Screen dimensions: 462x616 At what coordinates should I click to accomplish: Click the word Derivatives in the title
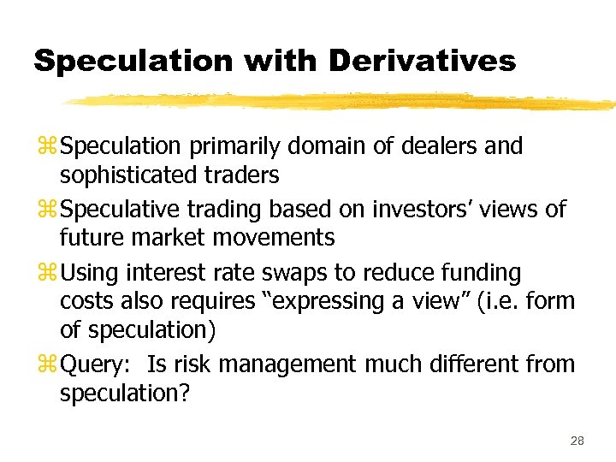(423, 61)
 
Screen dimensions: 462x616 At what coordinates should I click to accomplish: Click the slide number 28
(577, 441)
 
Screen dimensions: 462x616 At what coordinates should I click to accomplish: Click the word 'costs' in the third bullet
(87, 301)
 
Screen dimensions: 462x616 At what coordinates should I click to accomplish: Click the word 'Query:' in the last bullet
(98, 364)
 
